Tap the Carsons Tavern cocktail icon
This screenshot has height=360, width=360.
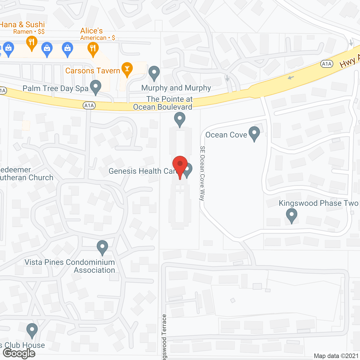click(x=127, y=69)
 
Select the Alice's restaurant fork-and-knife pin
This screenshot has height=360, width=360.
click(x=93, y=49)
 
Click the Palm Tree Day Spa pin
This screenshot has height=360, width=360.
click(x=96, y=87)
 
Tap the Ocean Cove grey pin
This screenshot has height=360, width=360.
click(x=254, y=134)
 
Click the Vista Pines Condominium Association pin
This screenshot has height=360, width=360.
click(x=102, y=247)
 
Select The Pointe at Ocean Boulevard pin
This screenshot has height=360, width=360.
click(x=180, y=119)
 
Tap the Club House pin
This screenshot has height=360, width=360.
click(x=32, y=330)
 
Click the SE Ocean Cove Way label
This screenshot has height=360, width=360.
click(x=202, y=173)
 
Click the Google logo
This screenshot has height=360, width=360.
click(x=19, y=353)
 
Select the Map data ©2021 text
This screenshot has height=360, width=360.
click(x=336, y=356)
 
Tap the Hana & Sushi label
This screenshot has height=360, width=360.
click(x=22, y=25)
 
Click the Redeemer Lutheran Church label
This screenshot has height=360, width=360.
click(x=26, y=174)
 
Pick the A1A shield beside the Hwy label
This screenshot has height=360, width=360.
click(x=327, y=64)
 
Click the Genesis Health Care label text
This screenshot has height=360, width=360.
click(x=142, y=171)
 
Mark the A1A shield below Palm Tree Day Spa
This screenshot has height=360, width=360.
click(x=89, y=105)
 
